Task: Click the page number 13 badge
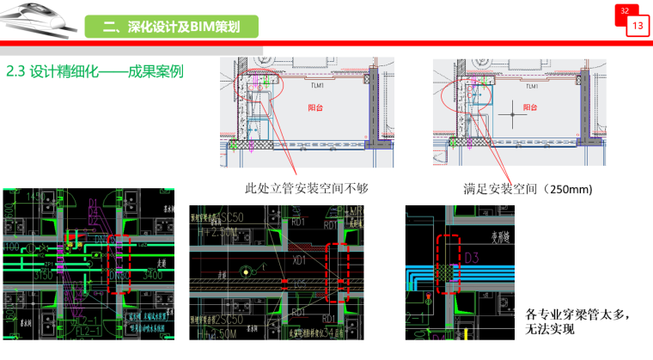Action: click(637, 27)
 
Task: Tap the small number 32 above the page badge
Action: click(625, 10)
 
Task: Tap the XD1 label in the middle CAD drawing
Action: click(300, 259)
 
